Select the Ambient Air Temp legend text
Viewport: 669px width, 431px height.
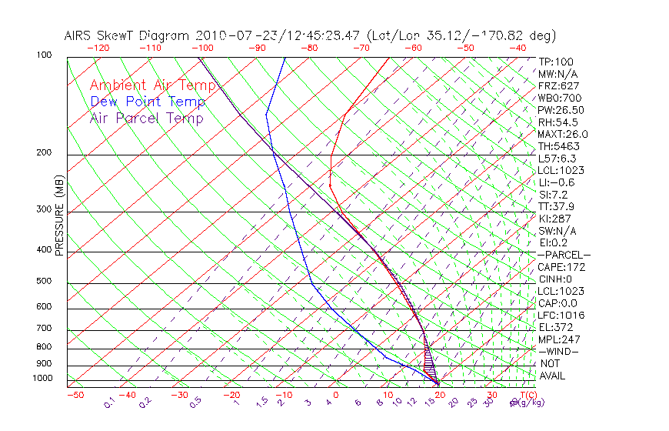point(147,85)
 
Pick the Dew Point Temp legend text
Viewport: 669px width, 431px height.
point(147,102)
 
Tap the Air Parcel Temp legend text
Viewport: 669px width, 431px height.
point(146,119)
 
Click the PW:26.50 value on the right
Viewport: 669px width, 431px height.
point(557,110)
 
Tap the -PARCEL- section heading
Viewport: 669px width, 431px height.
point(564,255)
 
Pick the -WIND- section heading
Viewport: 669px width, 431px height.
point(559,351)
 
